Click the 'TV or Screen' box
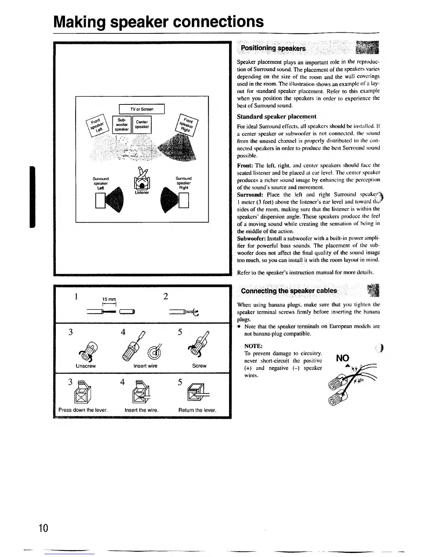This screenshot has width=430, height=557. pyautogui.click(x=142, y=109)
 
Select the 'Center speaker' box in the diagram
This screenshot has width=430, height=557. pyautogui.click(x=142, y=124)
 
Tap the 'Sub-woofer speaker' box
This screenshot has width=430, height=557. pyautogui.click(x=121, y=124)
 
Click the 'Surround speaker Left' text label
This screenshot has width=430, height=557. pyautogui.click(x=101, y=183)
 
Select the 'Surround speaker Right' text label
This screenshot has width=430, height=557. pyautogui.click(x=183, y=183)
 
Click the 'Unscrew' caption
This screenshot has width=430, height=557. pyautogui.click(x=86, y=366)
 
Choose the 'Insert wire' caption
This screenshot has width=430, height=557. pyautogui.click(x=145, y=366)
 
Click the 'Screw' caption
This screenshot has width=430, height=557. pyautogui.click(x=199, y=366)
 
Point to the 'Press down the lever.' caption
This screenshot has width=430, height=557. pyautogui.click(x=83, y=410)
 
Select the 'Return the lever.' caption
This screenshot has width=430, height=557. pyautogui.click(x=197, y=410)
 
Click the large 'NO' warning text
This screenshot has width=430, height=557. pyautogui.click(x=343, y=358)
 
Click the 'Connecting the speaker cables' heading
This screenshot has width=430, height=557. pyautogui.click(x=289, y=291)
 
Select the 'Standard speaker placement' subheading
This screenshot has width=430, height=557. pyautogui.click(x=276, y=116)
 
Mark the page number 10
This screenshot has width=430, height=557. pyautogui.click(x=44, y=528)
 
